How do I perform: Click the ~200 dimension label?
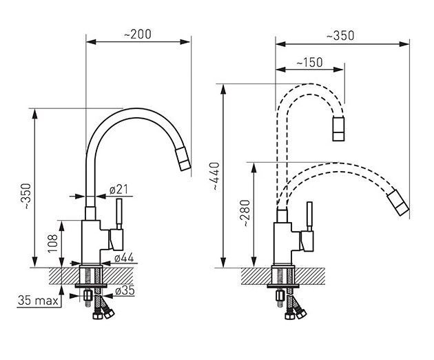click(x=138, y=34)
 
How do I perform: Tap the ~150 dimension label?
click(x=309, y=62)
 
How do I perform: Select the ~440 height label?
click(x=216, y=176)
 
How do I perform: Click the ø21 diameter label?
click(x=118, y=190)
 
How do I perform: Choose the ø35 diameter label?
click(x=125, y=290)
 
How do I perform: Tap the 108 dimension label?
click(x=53, y=243)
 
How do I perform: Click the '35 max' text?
click(x=38, y=301)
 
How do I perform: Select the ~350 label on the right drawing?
click(x=340, y=36)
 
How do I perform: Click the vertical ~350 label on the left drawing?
click(x=27, y=196)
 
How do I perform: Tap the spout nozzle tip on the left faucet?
click(x=183, y=159)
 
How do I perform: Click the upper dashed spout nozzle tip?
click(x=338, y=129)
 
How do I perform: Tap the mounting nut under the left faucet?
click(x=87, y=296)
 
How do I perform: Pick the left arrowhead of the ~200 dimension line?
click(x=91, y=42)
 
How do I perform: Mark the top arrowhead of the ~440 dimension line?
click(x=223, y=89)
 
